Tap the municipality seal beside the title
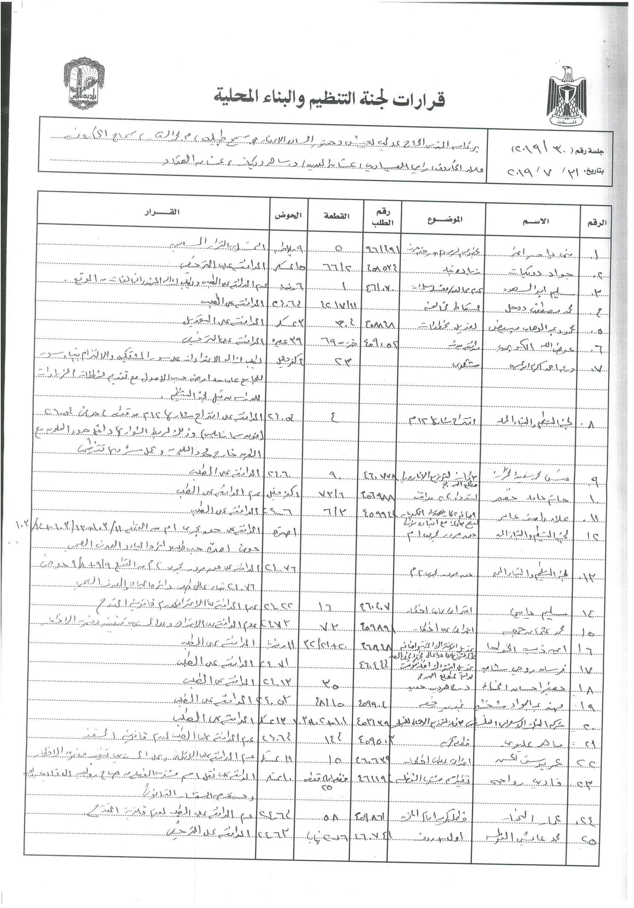[81, 84]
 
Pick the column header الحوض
[288, 216]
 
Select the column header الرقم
[597, 222]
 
